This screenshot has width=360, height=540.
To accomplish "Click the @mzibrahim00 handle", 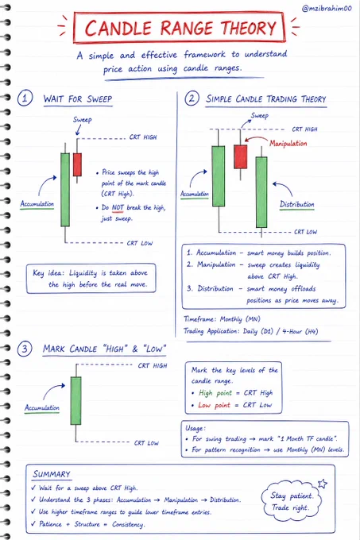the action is coord(327,8).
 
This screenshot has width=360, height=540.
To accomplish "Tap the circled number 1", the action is coord(25,98).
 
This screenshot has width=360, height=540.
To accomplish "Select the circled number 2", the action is coord(192,98).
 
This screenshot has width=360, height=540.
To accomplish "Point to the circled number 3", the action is coord(25,349).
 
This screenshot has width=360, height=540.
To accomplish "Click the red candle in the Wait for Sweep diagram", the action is coord(77,164).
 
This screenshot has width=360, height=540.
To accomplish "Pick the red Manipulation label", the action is coord(288,143).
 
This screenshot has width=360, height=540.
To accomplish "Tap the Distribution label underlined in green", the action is coord(296,204).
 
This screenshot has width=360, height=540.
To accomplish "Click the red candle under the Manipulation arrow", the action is coord(241,156).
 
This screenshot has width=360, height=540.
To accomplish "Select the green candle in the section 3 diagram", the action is coord(75,400).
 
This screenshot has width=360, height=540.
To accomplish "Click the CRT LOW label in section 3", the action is coord(146,443).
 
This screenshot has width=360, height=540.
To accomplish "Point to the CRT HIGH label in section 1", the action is coord(143,137).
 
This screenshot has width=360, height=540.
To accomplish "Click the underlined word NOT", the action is coord(118,207).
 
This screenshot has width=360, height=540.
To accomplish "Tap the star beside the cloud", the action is coord(323,484).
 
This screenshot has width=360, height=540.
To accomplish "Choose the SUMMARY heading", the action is coord(52,474).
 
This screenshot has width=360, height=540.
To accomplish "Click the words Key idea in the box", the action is coord(48,273).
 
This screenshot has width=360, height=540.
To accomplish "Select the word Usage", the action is coord(195,428).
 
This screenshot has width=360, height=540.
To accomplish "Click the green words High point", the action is coord(215,393).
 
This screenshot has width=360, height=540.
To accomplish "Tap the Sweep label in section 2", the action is coord(259,116).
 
